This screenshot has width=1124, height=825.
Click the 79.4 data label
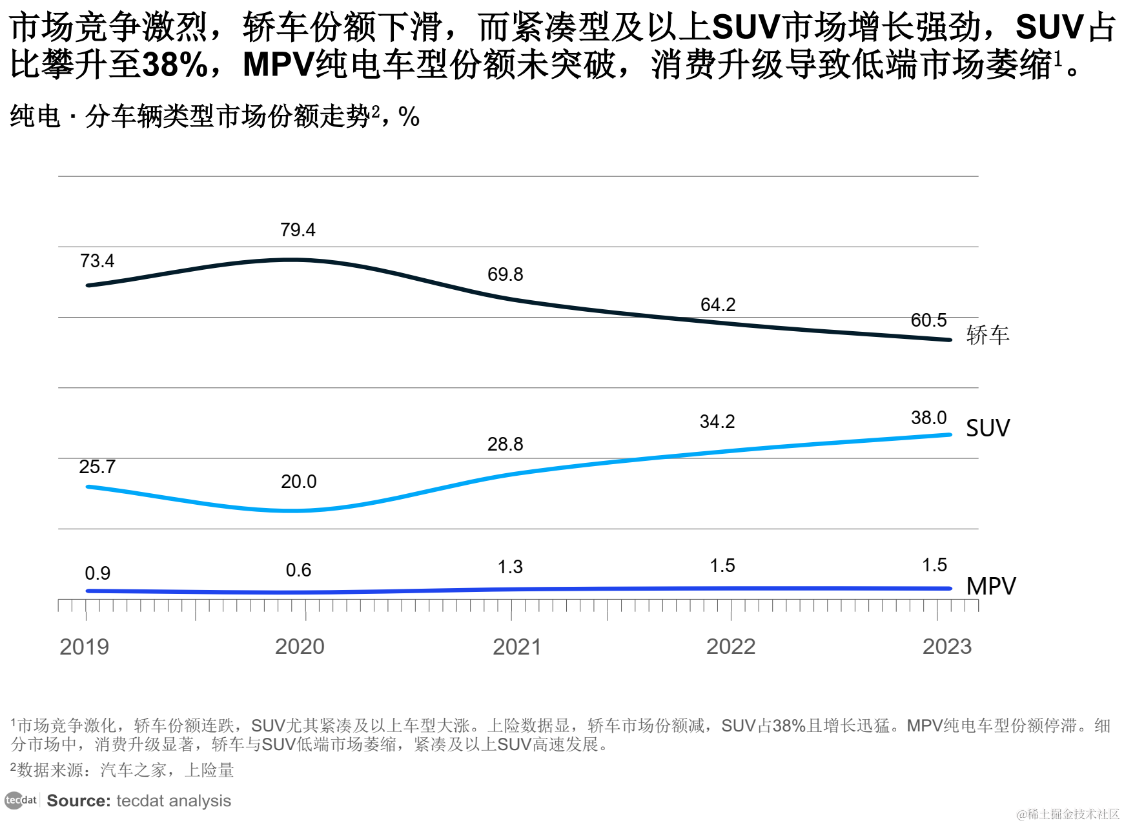298,230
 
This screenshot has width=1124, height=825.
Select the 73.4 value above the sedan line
97,261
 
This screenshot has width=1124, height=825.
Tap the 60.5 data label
928,321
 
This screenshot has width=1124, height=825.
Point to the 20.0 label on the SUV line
298,482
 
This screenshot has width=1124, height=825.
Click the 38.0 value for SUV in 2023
928,418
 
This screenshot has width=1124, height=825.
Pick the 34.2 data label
717,422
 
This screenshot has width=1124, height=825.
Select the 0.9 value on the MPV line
97,574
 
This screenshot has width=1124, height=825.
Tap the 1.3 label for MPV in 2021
510,567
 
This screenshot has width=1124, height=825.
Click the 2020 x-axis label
300,647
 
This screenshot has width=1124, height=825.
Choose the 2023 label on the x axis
946,647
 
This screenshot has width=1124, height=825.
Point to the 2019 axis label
84,647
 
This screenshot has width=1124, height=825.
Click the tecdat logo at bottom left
21,800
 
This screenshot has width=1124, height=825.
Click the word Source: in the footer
79,801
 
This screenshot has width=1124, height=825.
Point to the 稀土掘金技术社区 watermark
1068,815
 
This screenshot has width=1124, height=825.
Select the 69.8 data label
505,275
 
